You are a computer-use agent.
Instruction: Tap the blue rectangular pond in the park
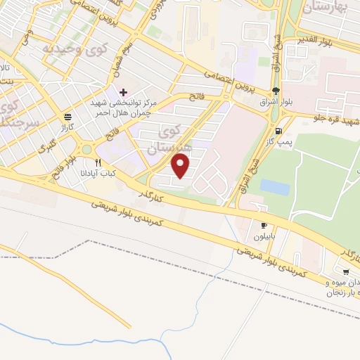pyautogui.click(x=275, y=187)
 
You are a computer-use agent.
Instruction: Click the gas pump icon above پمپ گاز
pyautogui.click(x=280, y=131)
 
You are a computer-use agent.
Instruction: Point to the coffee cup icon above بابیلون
pyautogui.click(x=264, y=226)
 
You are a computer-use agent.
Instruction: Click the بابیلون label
pyautogui.click(x=264, y=237)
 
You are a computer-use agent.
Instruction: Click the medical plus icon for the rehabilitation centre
pyautogui.click(x=124, y=92)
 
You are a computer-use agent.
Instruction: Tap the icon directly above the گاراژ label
pyautogui.click(x=67, y=117)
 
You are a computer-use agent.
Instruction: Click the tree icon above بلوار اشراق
pyautogui.click(x=276, y=91)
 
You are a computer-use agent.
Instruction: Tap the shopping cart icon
pyautogui.click(x=346, y=271)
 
